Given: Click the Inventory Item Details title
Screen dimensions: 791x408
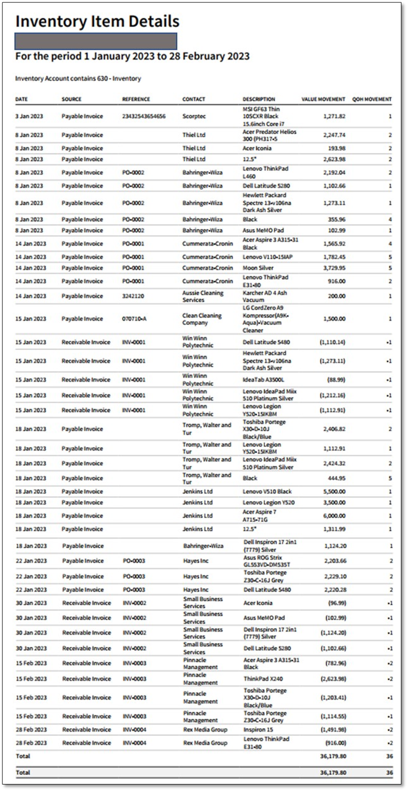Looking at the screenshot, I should pyautogui.click(x=97, y=22).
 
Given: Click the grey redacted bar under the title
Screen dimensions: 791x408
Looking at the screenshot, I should pyautogui.click(x=96, y=41).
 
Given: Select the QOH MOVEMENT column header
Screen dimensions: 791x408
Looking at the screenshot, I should pyautogui.click(x=371, y=99).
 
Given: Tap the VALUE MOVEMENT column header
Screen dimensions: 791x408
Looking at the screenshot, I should pyautogui.click(x=323, y=99).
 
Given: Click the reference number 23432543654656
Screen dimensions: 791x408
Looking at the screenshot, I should pyautogui.click(x=144, y=116).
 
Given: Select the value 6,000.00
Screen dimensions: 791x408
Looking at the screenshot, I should pyautogui.click(x=334, y=516).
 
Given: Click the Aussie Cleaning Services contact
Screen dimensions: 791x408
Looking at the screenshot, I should pyautogui.click(x=202, y=296).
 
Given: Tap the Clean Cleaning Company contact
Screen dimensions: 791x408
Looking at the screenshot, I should pyautogui.click(x=201, y=319).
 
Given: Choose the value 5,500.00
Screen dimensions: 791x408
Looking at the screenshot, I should pyautogui.click(x=334, y=492).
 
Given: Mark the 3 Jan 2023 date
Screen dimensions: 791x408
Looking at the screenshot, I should pyautogui.click(x=29, y=116).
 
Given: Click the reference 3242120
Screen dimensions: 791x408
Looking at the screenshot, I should pyautogui.click(x=133, y=296).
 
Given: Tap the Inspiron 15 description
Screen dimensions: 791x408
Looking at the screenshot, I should pyautogui.click(x=258, y=729).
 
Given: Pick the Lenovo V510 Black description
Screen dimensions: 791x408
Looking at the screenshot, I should pyautogui.click(x=267, y=492).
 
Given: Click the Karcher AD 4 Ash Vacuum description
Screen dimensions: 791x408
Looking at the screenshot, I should pyautogui.click(x=265, y=296).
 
